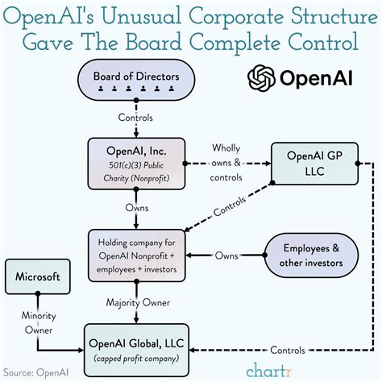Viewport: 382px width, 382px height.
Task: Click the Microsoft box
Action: (x=38, y=276)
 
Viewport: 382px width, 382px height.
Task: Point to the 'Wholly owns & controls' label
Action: (x=230, y=160)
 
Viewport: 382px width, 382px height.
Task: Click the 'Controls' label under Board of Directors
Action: (x=137, y=118)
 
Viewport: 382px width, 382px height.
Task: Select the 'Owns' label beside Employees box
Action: (x=226, y=255)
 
